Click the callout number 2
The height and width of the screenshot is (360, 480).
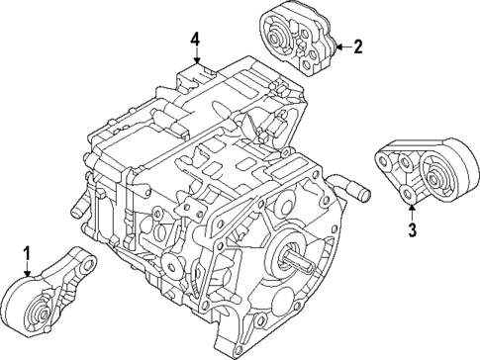point(357,45)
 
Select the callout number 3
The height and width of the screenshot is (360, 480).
point(411,230)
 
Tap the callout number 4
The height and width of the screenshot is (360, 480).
point(196,39)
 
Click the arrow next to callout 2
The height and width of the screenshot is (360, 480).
point(339,45)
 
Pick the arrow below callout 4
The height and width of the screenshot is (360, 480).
point(196,57)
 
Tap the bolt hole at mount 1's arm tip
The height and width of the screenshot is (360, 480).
point(86,265)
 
